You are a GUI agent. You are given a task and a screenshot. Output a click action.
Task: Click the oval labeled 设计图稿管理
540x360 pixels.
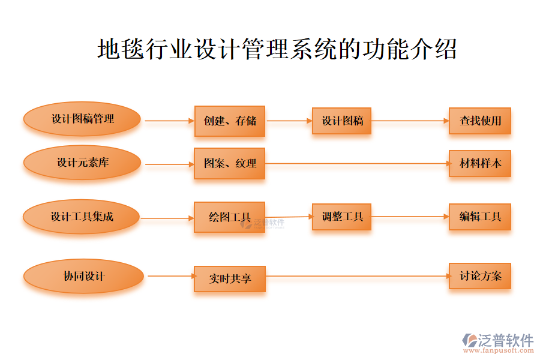82,119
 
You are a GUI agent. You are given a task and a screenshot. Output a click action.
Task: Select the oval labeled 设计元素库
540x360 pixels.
82,162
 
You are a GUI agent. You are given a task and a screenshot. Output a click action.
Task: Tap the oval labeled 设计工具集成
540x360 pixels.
82,217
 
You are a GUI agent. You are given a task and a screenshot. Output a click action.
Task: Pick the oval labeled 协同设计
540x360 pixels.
83,277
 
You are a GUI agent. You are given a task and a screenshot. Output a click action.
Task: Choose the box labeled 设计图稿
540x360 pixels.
341,121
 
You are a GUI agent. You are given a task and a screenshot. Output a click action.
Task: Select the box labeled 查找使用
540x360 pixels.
480,121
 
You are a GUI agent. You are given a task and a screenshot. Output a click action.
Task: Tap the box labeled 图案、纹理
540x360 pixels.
229,163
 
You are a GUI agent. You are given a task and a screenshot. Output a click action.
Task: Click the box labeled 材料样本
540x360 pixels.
480,163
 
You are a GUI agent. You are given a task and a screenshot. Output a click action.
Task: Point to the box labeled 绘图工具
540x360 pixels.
229,217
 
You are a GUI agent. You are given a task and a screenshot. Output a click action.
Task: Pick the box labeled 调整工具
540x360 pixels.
341,217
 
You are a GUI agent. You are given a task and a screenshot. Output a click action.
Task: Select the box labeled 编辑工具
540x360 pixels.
480,217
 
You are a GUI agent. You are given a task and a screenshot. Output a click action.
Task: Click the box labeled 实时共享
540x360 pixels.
229,278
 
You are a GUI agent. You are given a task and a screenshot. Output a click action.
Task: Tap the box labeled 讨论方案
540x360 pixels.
480,276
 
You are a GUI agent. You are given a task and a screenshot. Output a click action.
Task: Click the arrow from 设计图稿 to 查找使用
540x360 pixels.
410,121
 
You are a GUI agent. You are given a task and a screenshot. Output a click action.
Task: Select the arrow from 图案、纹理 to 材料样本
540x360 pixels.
357,163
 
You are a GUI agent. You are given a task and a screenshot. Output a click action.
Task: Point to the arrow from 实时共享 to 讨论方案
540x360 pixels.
357,277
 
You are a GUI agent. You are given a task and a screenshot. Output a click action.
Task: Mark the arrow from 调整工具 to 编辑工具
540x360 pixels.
410,217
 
